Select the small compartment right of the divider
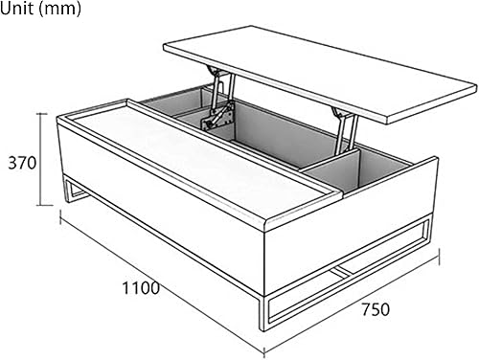pos(383,172)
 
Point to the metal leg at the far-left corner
pos(67,191)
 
